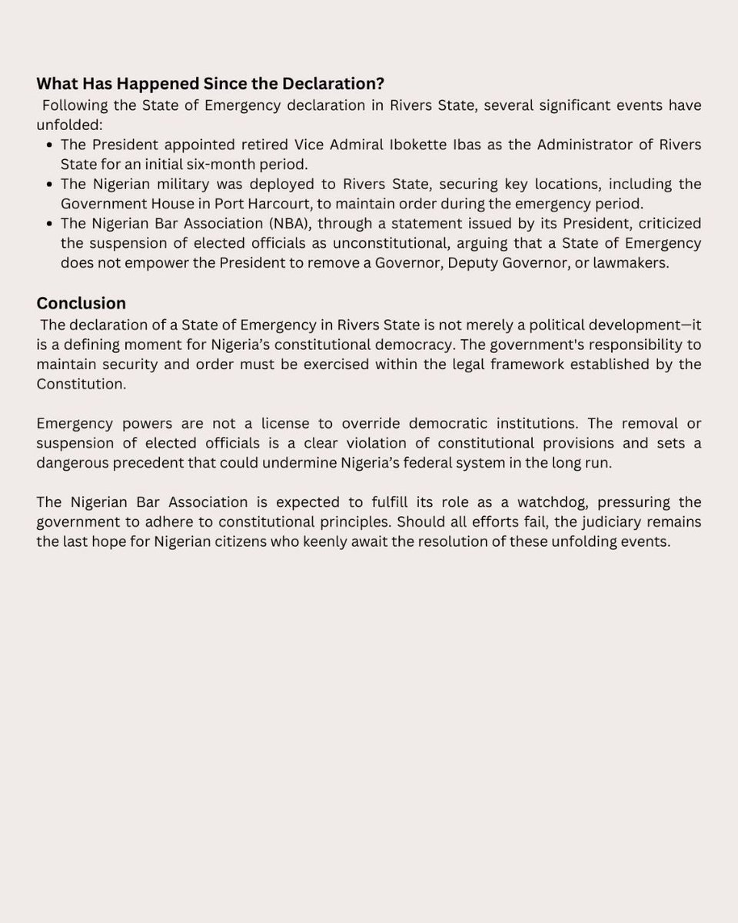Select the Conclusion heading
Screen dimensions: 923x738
[81, 303]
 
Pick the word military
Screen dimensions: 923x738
[184, 185]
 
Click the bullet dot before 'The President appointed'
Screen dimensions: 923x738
[50, 145]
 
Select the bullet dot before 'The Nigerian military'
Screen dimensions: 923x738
[50, 185]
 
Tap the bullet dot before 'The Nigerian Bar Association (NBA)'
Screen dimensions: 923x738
[50, 224]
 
